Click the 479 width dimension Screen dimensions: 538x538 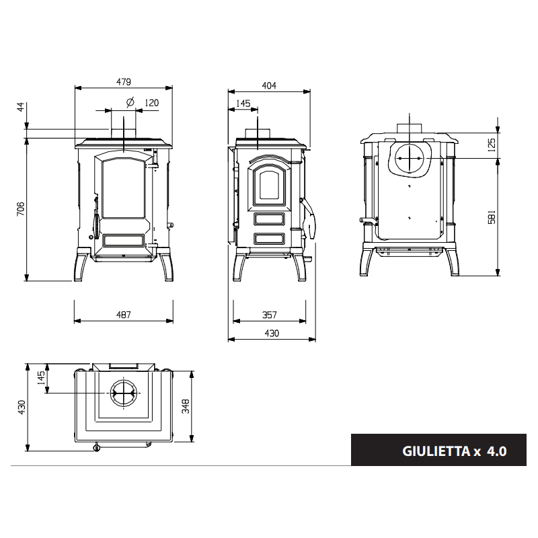124,82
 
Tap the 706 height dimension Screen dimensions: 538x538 21,208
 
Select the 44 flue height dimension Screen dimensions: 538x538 21,106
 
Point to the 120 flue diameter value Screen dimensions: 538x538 152,103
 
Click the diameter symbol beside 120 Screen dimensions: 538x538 130,102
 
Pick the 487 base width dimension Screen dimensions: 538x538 124,315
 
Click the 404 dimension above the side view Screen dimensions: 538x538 269,85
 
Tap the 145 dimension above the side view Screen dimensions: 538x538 243,104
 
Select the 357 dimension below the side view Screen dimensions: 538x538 270,315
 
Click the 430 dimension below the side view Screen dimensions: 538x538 272,333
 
